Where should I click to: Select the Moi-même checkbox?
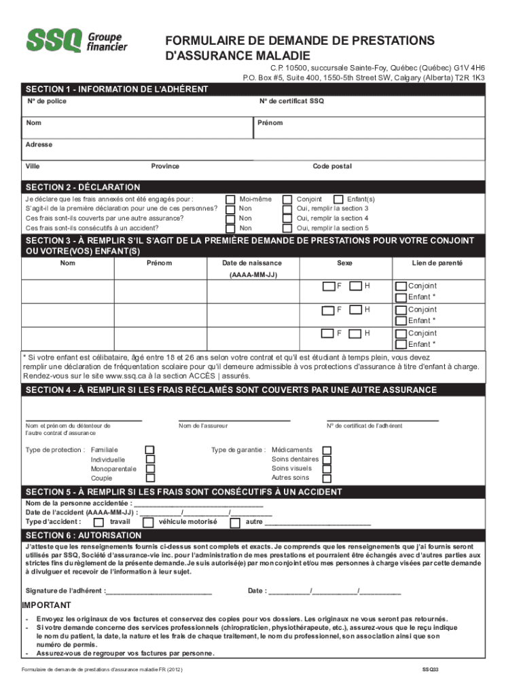coord(230,200)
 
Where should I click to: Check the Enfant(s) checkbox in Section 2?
coord(339,200)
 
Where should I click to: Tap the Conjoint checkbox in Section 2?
coord(287,200)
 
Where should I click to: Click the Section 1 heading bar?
coord(117,90)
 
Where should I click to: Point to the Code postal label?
coord(331,166)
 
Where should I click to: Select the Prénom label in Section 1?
coord(270,123)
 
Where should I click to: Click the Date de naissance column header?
coord(252,263)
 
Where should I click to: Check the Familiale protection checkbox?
coord(150,450)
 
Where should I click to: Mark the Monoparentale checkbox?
coord(150,469)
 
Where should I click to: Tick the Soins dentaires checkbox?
coord(327,459)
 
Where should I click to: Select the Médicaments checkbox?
coord(327,450)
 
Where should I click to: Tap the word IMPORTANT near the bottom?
coord(46,605)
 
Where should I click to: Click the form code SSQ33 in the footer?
coord(431,669)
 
